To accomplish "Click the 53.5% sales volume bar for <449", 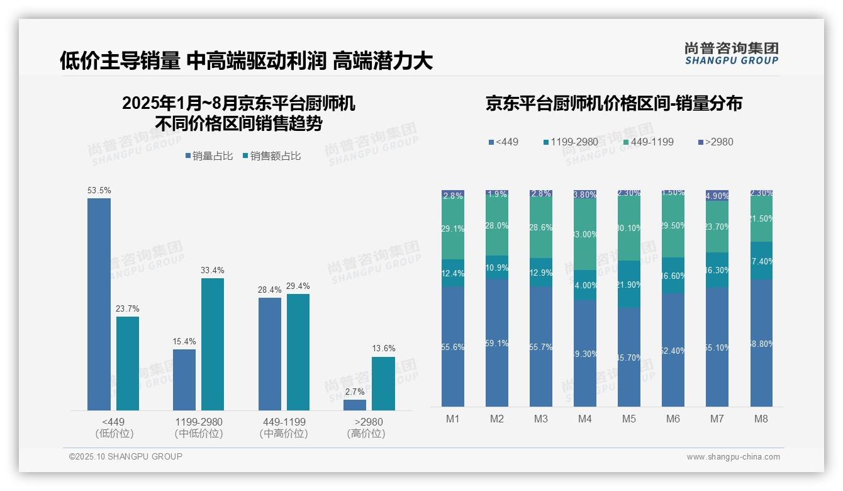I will [99, 304].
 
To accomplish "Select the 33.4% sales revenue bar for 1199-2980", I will [213, 344].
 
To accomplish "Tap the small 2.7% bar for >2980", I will [355, 405].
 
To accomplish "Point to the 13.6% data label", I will [383, 348].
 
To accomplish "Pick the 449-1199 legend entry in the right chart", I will [648, 142].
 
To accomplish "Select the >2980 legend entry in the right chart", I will [715, 142].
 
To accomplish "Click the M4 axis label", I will [585, 419].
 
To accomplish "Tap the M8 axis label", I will [761, 419].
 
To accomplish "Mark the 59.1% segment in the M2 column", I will [497, 343].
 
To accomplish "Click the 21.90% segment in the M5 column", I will [629, 285].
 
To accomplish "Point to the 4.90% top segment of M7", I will [717, 196].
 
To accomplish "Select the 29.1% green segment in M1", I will [453, 229].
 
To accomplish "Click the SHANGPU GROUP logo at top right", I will [731, 54].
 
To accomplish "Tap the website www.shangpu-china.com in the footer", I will [733, 457].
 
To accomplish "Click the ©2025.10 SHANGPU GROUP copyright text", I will [126, 456].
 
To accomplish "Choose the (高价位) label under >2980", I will [366, 434].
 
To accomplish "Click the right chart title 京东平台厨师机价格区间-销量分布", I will [613, 104].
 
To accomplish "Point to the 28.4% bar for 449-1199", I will [270, 354].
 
